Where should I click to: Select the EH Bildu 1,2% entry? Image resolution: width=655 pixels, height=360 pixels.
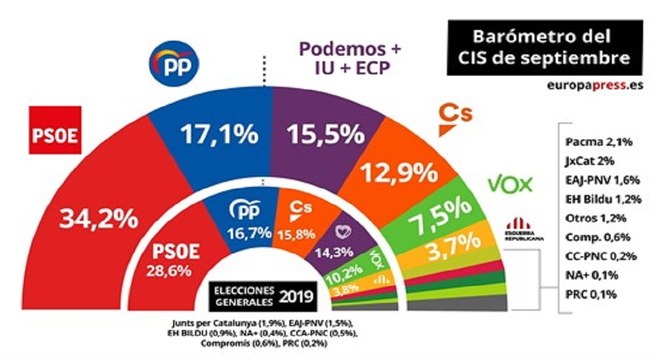pos(594,201)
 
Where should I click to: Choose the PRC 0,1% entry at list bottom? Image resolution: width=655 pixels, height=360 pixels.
pos(587,294)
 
